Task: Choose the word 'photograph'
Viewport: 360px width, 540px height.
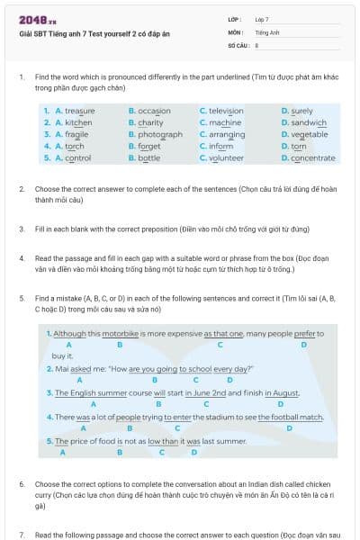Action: [160, 133]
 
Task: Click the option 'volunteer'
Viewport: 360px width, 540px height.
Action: [225, 157]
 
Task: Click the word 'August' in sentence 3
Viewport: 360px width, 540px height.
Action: [284, 393]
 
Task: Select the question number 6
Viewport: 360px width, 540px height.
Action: [22, 483]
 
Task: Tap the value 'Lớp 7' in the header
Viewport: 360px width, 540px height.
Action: [262, 19]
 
